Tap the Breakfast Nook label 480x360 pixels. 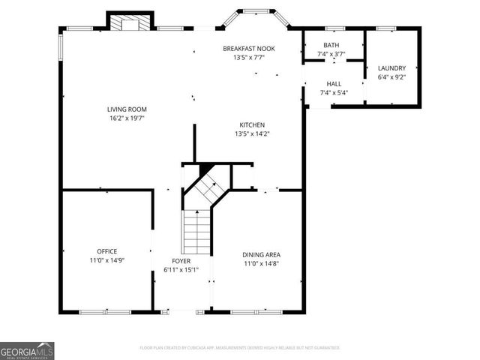(x=250, y=49)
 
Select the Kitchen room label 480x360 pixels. (x=251, y=125)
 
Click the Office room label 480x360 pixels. (x=106, y=251)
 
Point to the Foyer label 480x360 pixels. (x=181, y=261)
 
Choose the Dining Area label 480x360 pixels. (x=261, y=255)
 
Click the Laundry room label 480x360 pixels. (x=391, y=67)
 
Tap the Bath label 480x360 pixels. (x=331, y=45)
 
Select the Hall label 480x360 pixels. (x=334, y=84)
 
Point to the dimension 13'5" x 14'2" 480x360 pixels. (x=251, y=134)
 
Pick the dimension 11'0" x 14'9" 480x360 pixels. (x=106, y=260)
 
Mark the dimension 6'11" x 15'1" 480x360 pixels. (x=181, y=270)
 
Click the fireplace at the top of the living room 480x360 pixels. (x=130, y=22)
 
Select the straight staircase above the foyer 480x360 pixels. (x=198, y=232)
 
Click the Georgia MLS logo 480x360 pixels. (x=27, y=350)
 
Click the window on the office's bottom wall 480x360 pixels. (x=100, y=311)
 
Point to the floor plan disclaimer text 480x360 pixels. (x=240, y=348)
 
